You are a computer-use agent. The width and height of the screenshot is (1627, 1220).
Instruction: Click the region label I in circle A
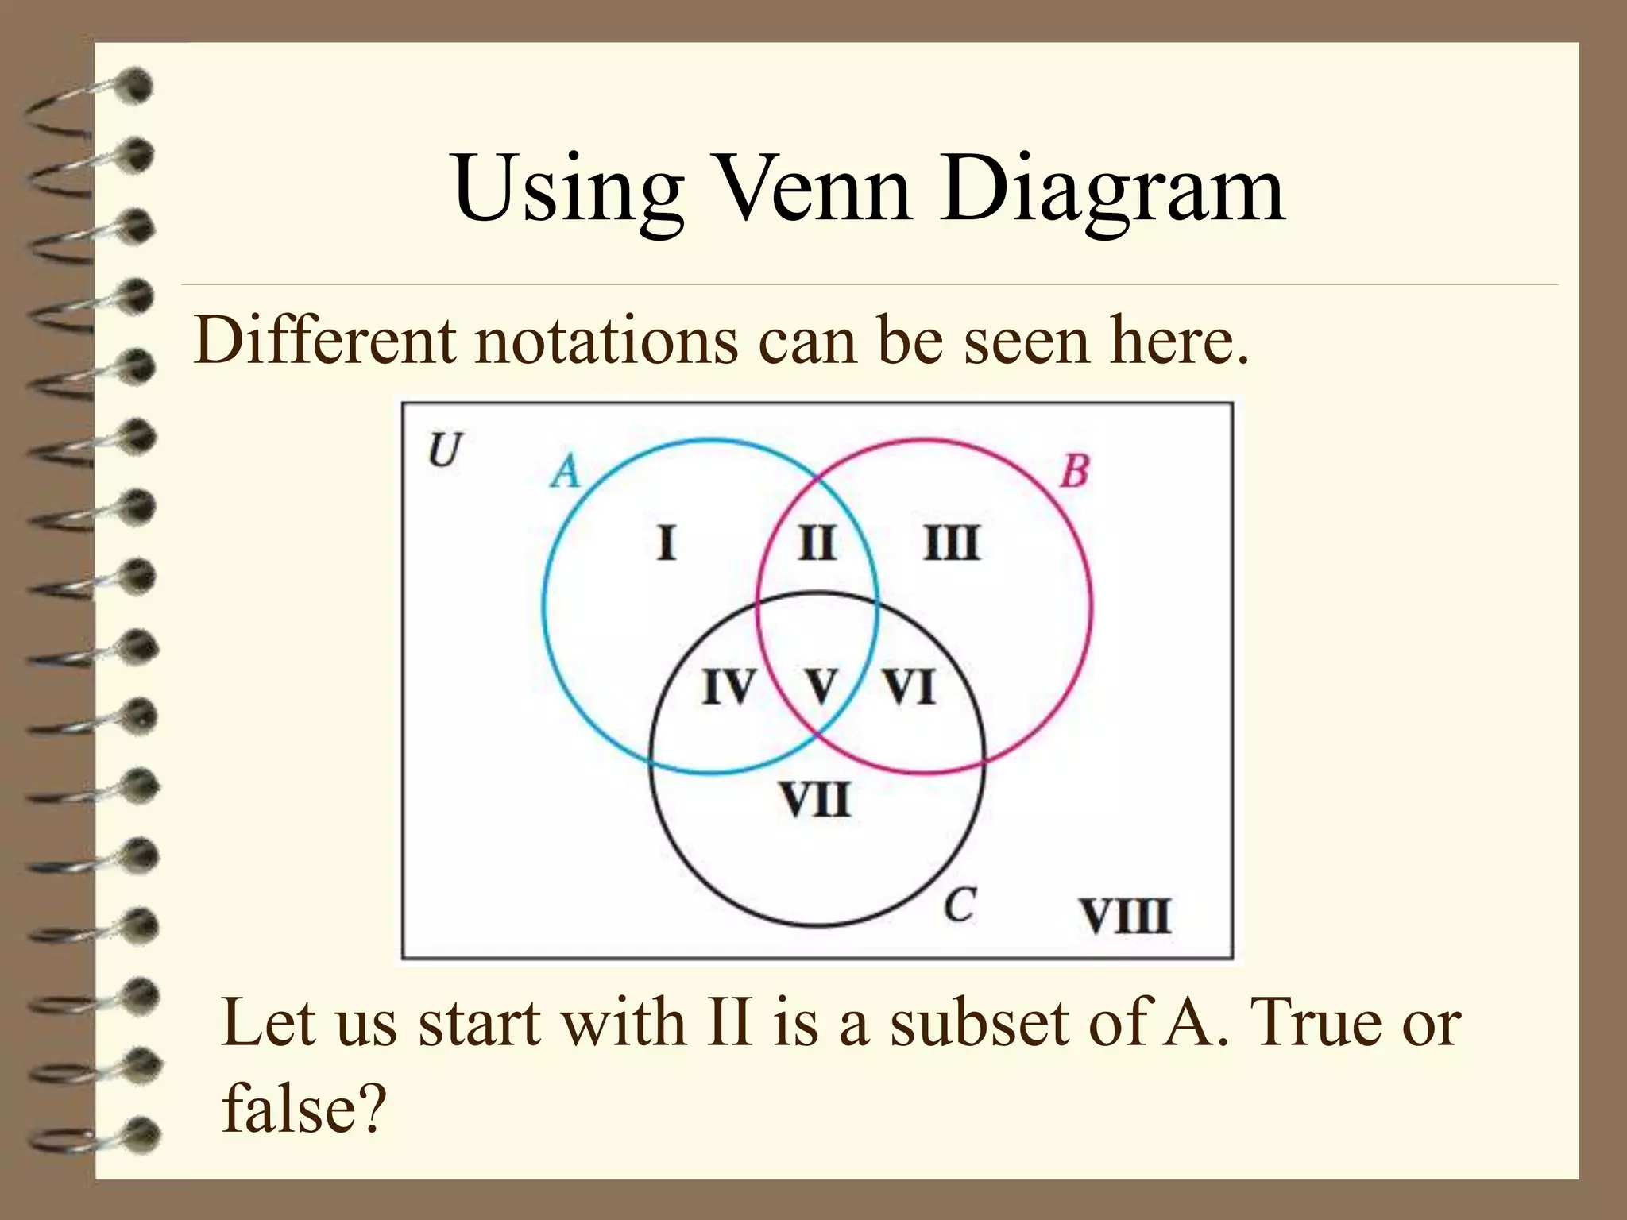[x=667, y=544]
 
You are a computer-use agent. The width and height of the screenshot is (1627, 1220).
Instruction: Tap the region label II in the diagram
[x=817, y=544]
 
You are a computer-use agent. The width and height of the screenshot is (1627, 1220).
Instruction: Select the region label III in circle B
[x=953, y=544]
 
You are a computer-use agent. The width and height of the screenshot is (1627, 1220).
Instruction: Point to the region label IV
[x=728, y=687]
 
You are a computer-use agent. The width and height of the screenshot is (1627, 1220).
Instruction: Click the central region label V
[x=821, y=687]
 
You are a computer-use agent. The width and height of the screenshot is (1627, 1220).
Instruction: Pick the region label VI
[x=910, y=687]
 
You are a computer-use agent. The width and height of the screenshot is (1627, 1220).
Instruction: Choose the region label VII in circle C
[x=815, y=799]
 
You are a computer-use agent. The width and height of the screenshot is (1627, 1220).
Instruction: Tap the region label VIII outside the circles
[x=1125, y=916]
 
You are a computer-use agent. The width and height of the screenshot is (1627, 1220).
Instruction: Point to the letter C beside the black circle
[x=960, y=905]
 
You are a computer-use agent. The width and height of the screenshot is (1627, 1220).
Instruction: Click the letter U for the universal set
[x=445, y=450]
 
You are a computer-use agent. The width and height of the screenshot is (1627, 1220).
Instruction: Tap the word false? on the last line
[x=303, y=1107]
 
